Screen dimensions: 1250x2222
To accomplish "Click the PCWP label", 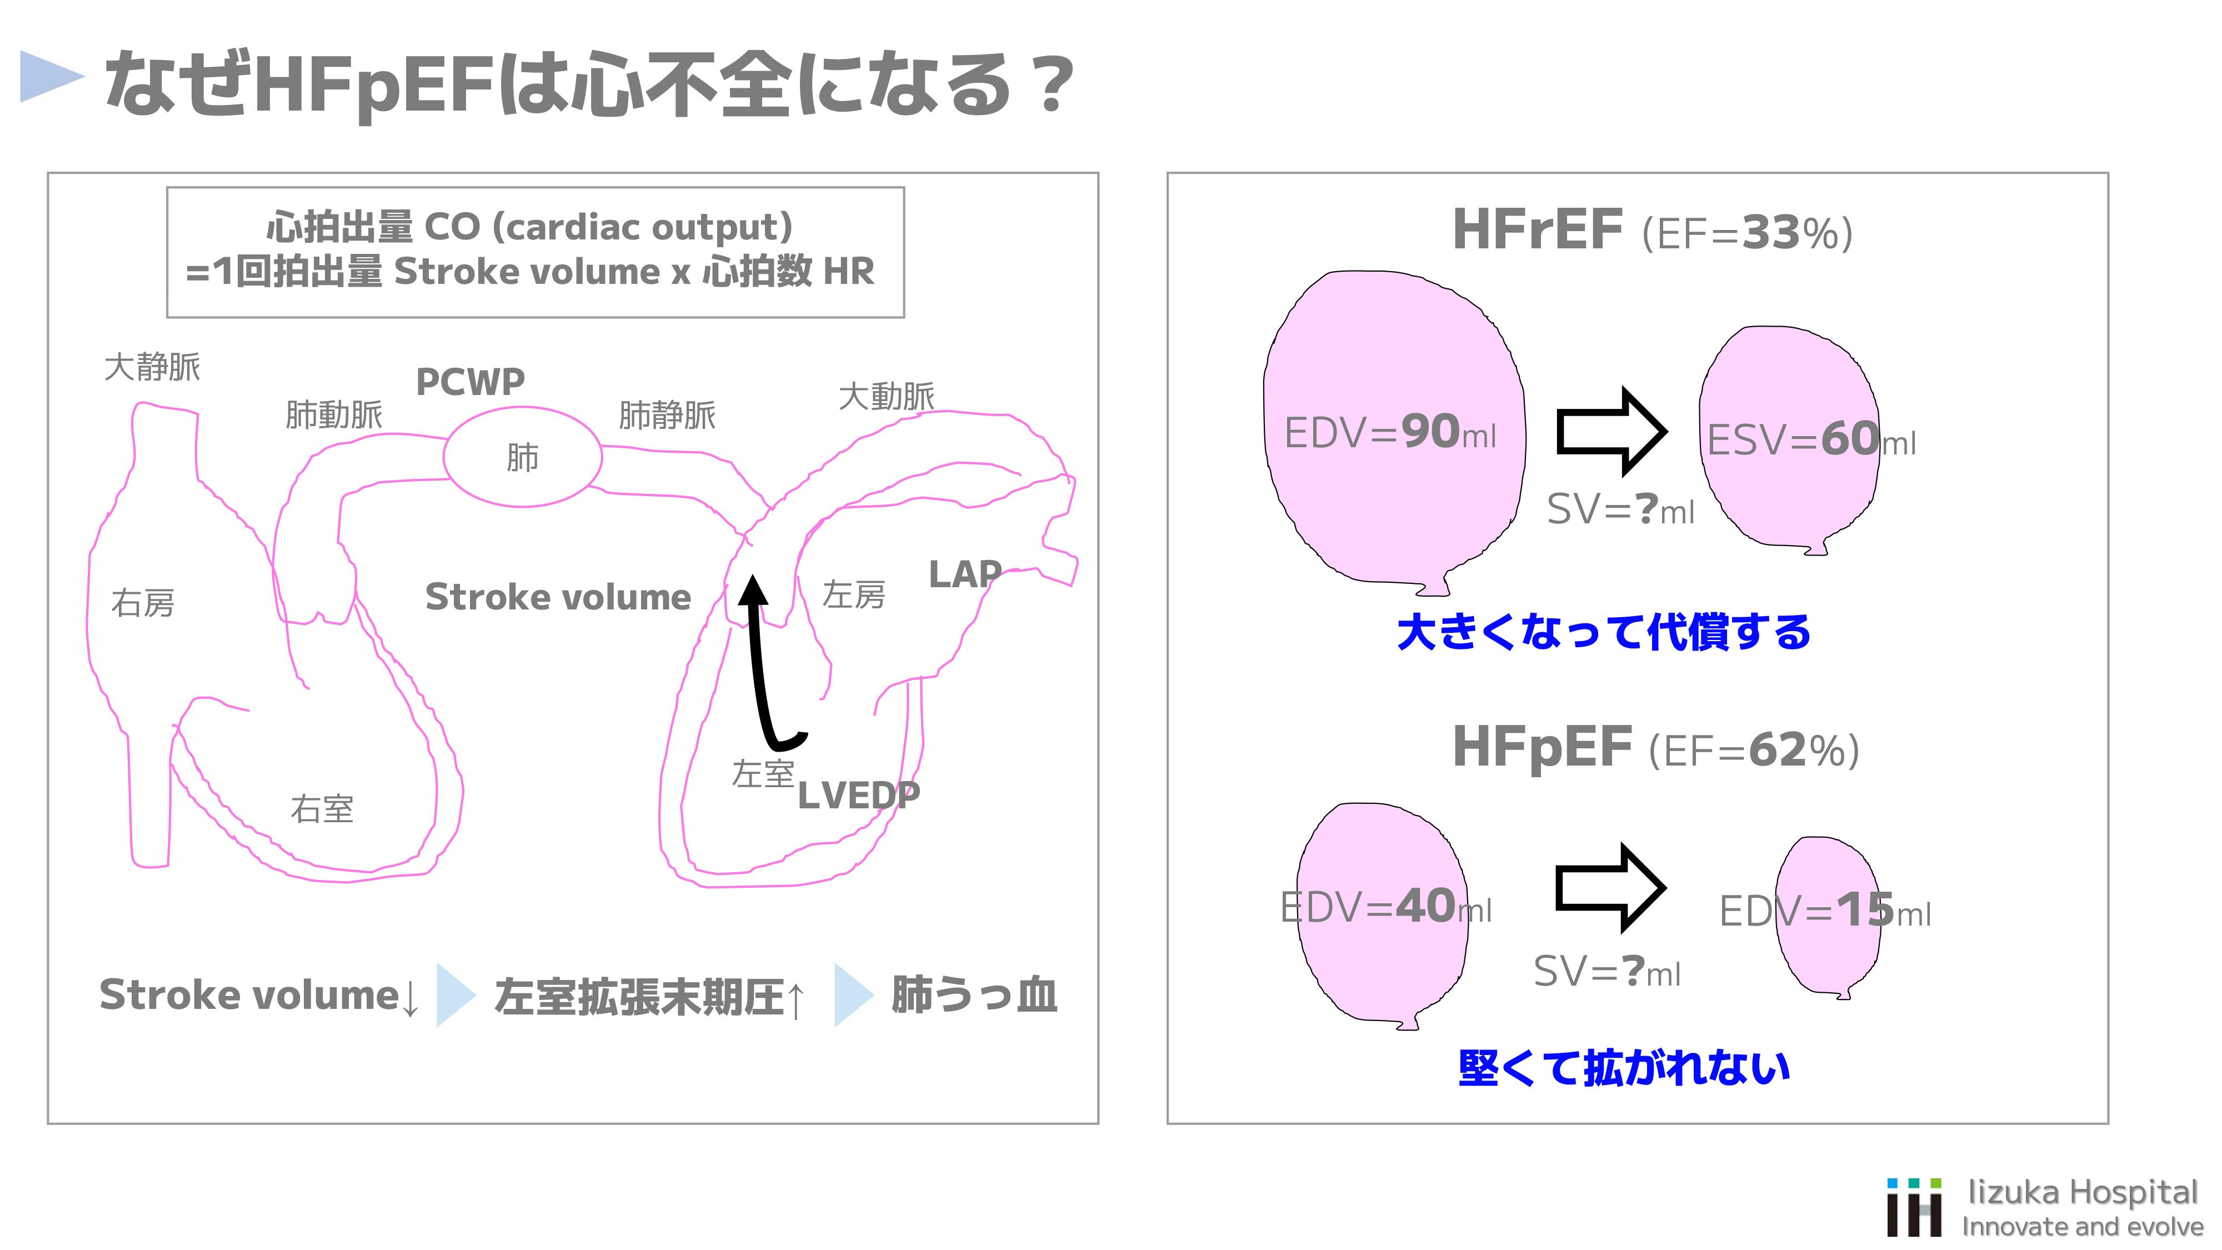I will [x=470, y=381].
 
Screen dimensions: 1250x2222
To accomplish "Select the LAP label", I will [x=964, y=574].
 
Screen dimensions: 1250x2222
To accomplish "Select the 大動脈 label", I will [x=886, y=397].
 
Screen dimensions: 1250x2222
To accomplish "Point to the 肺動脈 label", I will [x=334, y=415].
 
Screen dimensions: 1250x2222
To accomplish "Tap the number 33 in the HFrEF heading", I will [x=1770, y=232].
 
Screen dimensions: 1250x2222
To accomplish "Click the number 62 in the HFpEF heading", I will [x=1778, y=749].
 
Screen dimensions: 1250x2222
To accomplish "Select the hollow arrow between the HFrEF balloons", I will [x=1610, y=431].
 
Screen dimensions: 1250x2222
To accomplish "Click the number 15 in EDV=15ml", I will [x=1865, y=909].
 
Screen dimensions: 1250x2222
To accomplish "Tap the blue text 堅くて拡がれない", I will [x=1623, y=1068].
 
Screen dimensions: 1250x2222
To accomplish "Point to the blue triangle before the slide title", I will [x=50, y=77].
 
